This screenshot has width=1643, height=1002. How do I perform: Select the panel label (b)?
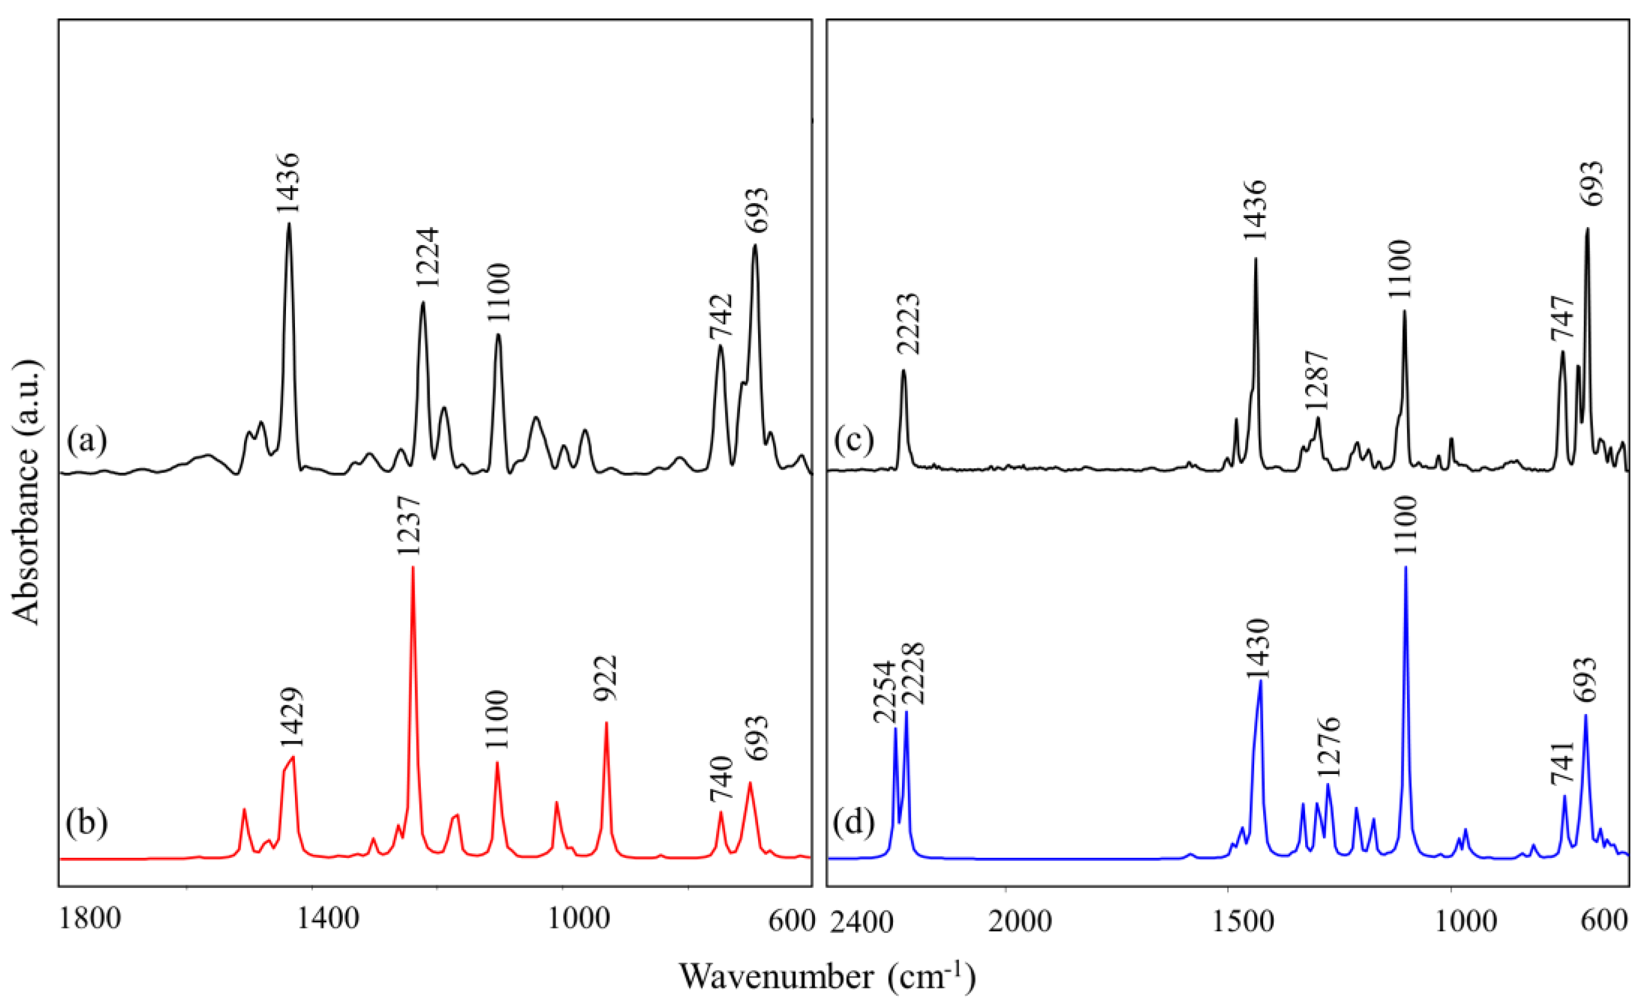(x=87, y=823)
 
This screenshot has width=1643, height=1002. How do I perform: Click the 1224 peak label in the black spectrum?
(x=427, y=257)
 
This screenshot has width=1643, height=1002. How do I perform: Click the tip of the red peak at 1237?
(x=413, y=567)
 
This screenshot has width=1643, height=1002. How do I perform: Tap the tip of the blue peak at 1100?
(x=1405, y=567)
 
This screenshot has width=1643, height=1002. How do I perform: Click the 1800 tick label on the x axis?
(x=90, y=921)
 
